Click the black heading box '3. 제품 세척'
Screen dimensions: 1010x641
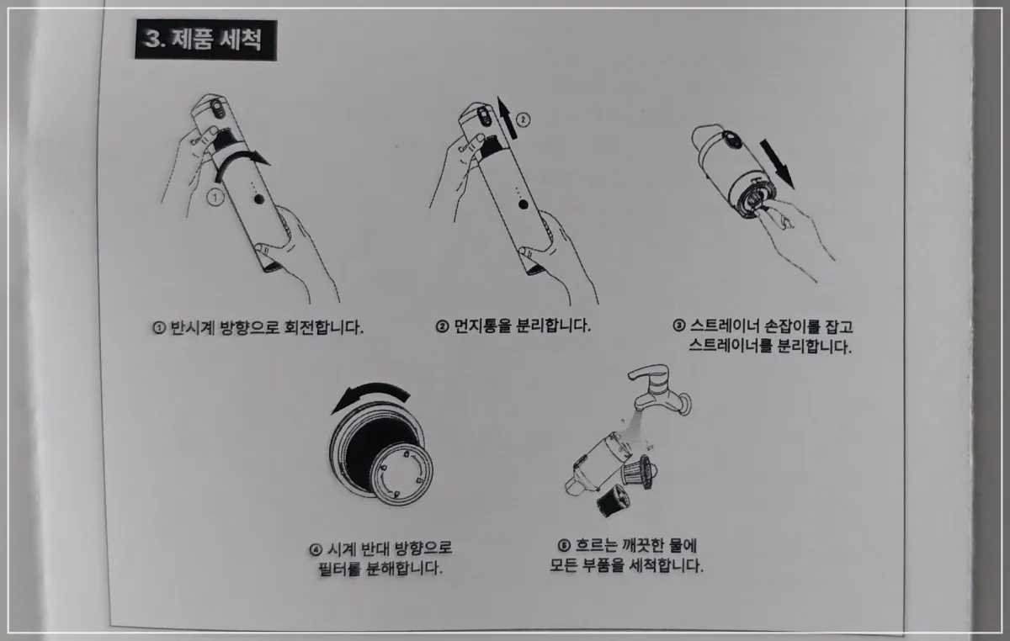tap(205, 40)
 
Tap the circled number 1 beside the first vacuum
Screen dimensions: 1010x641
tap(215, 198)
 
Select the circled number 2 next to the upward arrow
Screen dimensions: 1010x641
tap(523, 120)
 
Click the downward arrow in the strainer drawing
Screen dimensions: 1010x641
tap(777, 163)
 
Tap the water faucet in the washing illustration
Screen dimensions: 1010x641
tap(660, 390)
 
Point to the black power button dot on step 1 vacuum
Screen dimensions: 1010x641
tap(259, 199)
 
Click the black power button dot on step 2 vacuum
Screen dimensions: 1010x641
tap(523, 204)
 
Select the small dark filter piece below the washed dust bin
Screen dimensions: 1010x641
tap(613, 501)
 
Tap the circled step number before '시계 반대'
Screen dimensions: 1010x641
tap(316, 549)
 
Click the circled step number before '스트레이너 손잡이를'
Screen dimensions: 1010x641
tap(679, 326)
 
